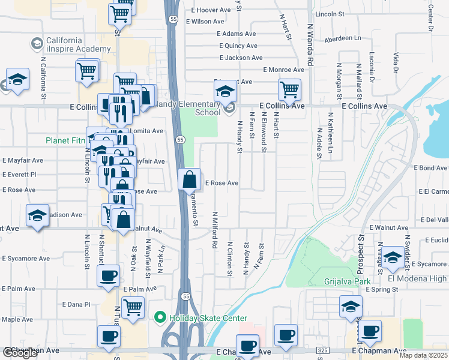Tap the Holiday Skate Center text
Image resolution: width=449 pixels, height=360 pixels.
(x=208, y=318)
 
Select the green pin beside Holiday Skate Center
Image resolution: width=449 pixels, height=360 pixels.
(x=160, y=317)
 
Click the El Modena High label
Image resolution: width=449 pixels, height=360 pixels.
(x=418, y=278)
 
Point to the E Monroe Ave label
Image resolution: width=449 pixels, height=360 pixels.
(x=283, y=70)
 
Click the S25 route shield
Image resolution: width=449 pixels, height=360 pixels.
(x=324, y=349)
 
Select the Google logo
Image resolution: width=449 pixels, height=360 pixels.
(x=20, y=353)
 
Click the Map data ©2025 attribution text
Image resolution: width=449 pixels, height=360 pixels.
(x=424, y=355)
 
